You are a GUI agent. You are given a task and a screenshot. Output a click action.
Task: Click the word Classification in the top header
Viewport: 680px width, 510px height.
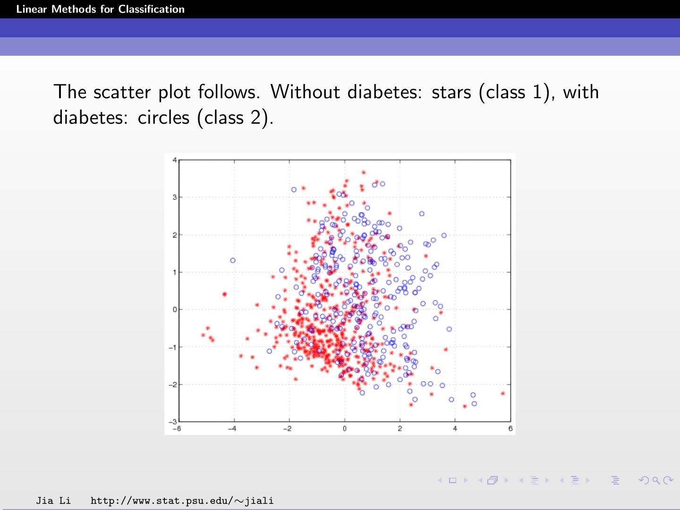tap(151, 9)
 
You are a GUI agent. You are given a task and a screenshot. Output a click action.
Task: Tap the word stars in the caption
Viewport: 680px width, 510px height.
tap(451, 92)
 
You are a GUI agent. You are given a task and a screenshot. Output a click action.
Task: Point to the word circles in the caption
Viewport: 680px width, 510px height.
tap(163, 117)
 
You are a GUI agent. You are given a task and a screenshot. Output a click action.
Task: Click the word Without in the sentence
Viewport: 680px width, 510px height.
tap(305, 92)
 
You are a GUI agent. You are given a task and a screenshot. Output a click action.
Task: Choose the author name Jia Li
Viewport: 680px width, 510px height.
tap(53, 501)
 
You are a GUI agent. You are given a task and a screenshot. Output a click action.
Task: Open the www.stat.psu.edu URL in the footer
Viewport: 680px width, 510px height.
tap(182, 501)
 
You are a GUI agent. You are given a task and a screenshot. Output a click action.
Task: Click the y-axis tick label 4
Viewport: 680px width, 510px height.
tap(174, 160)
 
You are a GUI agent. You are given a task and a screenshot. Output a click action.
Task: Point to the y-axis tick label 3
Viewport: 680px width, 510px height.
tap(174, 197)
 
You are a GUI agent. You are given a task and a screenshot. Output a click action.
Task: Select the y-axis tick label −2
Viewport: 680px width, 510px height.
tap(173, 384)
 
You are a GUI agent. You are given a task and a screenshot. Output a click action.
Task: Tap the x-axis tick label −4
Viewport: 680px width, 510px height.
tap(232, 429)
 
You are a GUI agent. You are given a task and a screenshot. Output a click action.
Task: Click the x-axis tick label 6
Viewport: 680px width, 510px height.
tap(510, 429)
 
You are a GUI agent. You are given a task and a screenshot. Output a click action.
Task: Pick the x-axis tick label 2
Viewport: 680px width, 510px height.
tap(399, 429)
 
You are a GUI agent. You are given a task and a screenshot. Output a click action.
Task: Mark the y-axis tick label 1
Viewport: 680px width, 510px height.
tap(174, 272)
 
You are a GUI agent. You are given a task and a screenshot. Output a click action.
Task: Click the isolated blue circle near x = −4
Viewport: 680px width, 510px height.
tap(233, 260)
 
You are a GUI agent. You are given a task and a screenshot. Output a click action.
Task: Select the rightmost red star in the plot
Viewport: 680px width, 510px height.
tap(502, 393)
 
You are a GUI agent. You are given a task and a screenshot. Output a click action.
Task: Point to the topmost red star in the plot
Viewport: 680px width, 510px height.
tap(363, 172)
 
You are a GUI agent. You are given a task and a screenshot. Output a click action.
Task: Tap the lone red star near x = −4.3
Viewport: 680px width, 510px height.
tap(224, 294)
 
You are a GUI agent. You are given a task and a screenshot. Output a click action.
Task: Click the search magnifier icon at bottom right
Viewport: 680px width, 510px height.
tap(656, 480)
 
